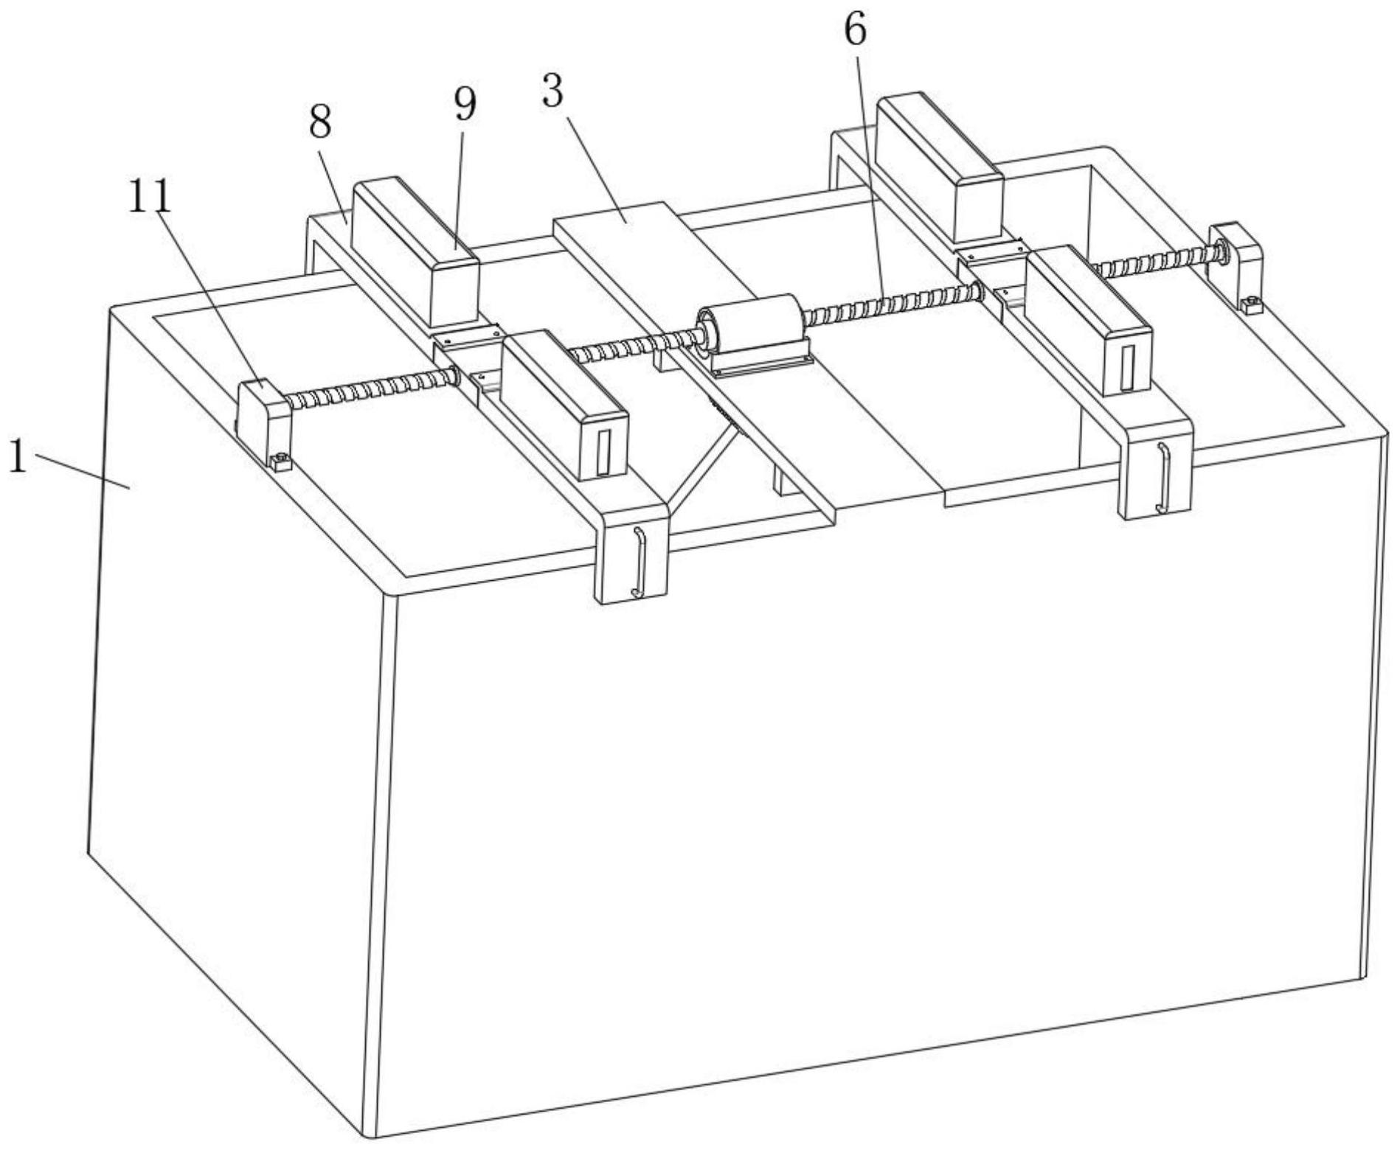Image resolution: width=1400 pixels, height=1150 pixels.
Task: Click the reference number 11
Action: point(150,197)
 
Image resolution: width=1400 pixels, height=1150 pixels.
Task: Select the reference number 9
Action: point(465,105)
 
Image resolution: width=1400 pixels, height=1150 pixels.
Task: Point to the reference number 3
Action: point(552,91)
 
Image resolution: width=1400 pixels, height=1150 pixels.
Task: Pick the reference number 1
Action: point(18,458)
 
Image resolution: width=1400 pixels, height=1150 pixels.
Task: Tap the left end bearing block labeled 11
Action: point(263,422)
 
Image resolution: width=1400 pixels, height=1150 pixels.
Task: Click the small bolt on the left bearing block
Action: point(280,462)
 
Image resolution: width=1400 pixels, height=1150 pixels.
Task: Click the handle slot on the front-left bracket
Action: point(638,562)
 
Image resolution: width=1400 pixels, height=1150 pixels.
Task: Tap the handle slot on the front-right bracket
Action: point(1162,478)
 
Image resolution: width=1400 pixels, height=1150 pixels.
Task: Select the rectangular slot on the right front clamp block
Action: point(1126,368)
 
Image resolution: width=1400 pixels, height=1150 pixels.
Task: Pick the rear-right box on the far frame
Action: point(940,169)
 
